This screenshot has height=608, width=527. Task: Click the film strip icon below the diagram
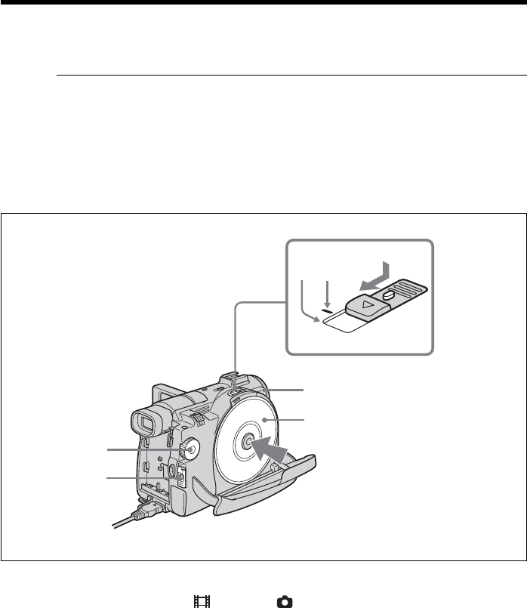point(201,602)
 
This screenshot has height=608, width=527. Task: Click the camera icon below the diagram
point(285,602)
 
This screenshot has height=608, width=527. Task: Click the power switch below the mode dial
point(179,478)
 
